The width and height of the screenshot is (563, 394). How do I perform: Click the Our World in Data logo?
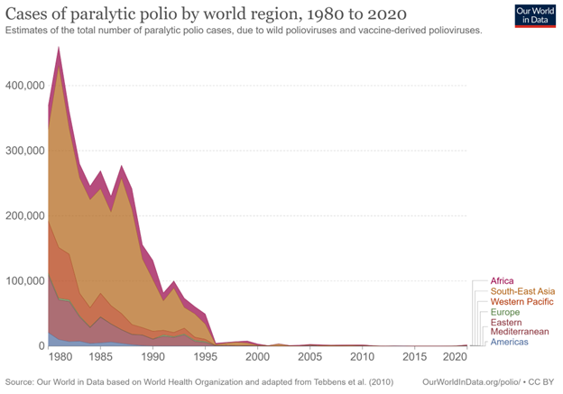pyautogui.click(x=534, y=15)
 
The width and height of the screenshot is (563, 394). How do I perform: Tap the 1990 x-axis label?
pyautogui.click(x=153, y=357)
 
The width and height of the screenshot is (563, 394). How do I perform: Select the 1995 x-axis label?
pyautogui.click(x=206, y=357)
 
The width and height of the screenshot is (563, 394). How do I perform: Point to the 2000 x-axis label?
pyautogui.click(x=258, y=357)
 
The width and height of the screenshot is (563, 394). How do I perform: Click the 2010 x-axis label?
pyautogui.click(x=362, y=357)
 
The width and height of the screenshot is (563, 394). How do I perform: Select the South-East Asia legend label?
pyautogui.click(x=522, y=291)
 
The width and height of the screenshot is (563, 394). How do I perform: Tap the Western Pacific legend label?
pyautogui.click(x=521, y=301)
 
